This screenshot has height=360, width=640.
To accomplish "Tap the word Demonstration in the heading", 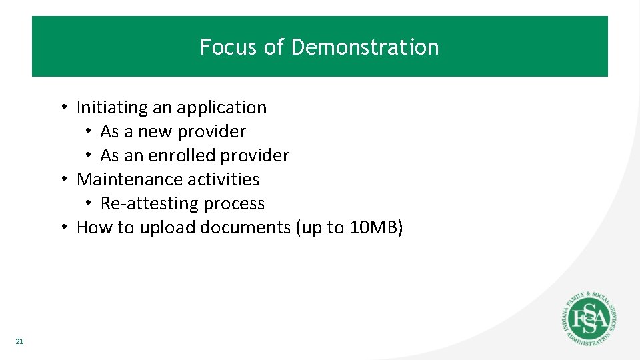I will (x=365, y=47).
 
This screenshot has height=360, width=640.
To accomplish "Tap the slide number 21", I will (x=19, y=341).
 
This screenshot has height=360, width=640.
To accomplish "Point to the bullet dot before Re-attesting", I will (x=88, y=203).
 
